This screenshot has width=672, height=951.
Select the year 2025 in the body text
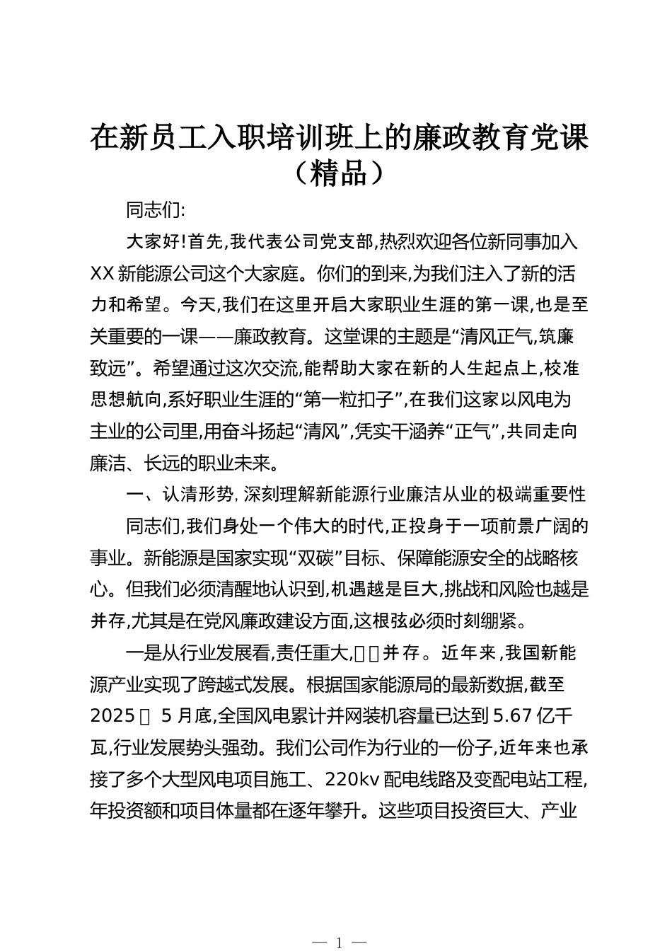112,716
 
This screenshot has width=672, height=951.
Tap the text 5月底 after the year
187,716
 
